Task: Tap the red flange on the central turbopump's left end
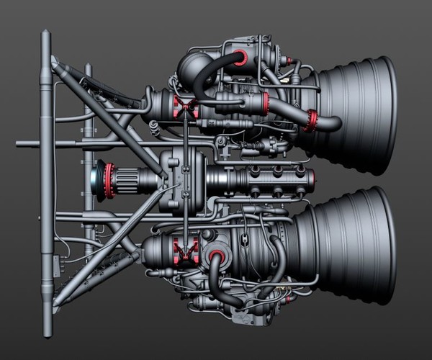[x=109, y=179]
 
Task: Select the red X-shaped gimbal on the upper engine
[x=186, y=109]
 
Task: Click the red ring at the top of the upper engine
[x=240, y=58]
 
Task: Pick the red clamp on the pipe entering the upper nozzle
[x=311, y=120]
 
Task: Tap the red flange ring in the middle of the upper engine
[x=265, y=102]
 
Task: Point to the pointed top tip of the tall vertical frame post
[x=45, y=32]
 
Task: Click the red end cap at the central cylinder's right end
[x=312, y=180]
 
